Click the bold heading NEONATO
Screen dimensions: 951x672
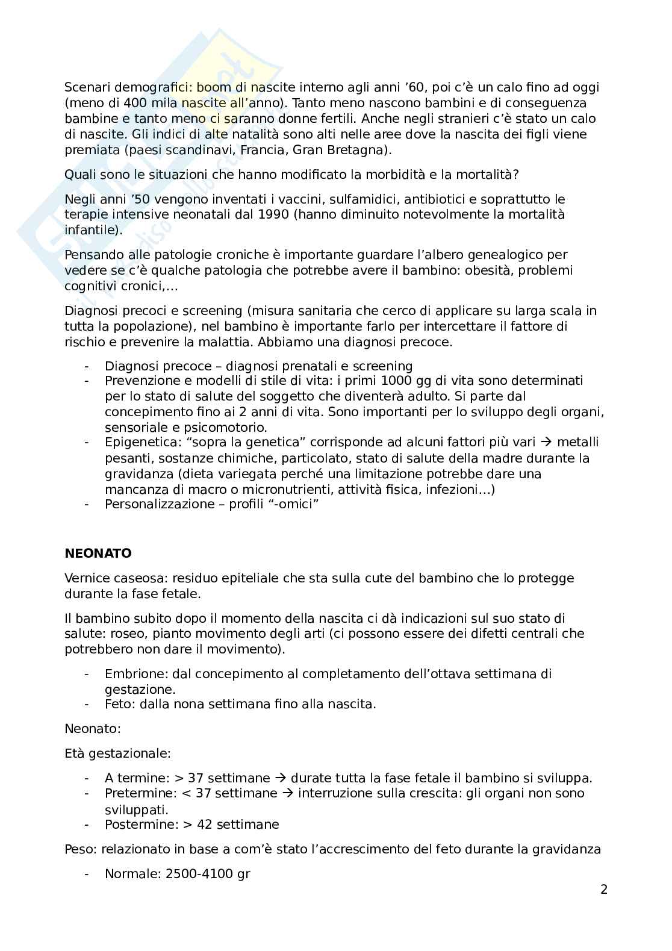tap(98, 553)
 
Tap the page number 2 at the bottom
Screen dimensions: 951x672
tap(604, 890)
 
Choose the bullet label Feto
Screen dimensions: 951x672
tap(119, 704)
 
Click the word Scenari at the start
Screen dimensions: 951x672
tap(88, 88)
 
